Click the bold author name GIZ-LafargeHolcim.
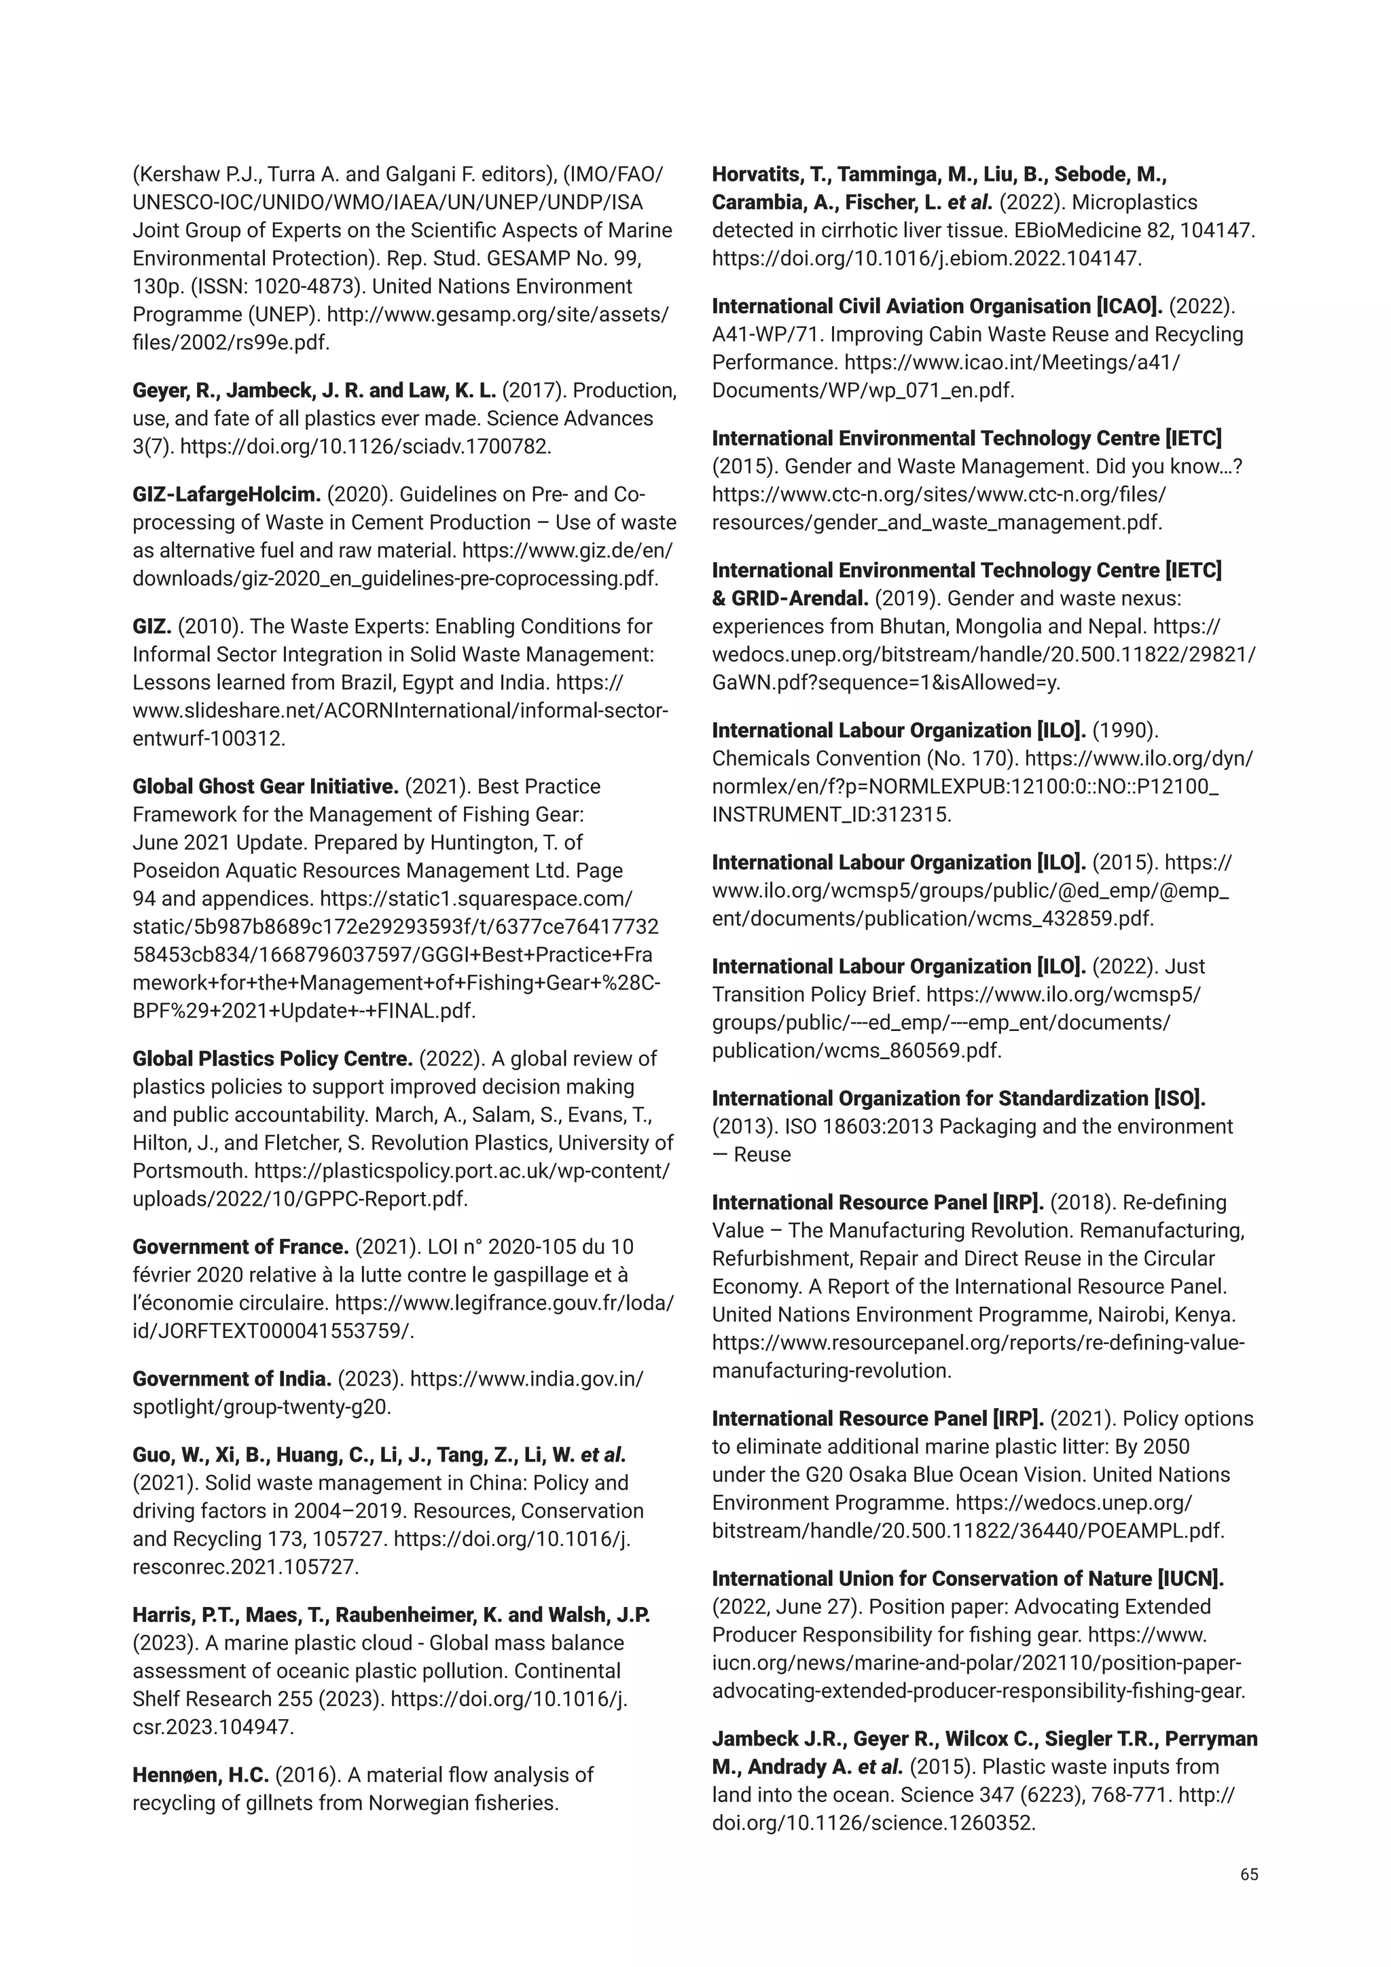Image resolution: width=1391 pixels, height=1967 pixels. [x=226, y=494]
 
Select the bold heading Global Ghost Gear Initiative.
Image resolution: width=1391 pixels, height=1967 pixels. [x=266, y=787]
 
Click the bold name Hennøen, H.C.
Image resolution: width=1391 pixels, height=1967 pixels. [x=200, y=1774]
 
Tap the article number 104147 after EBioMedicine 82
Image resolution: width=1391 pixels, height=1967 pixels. [x=1221, y=230]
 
